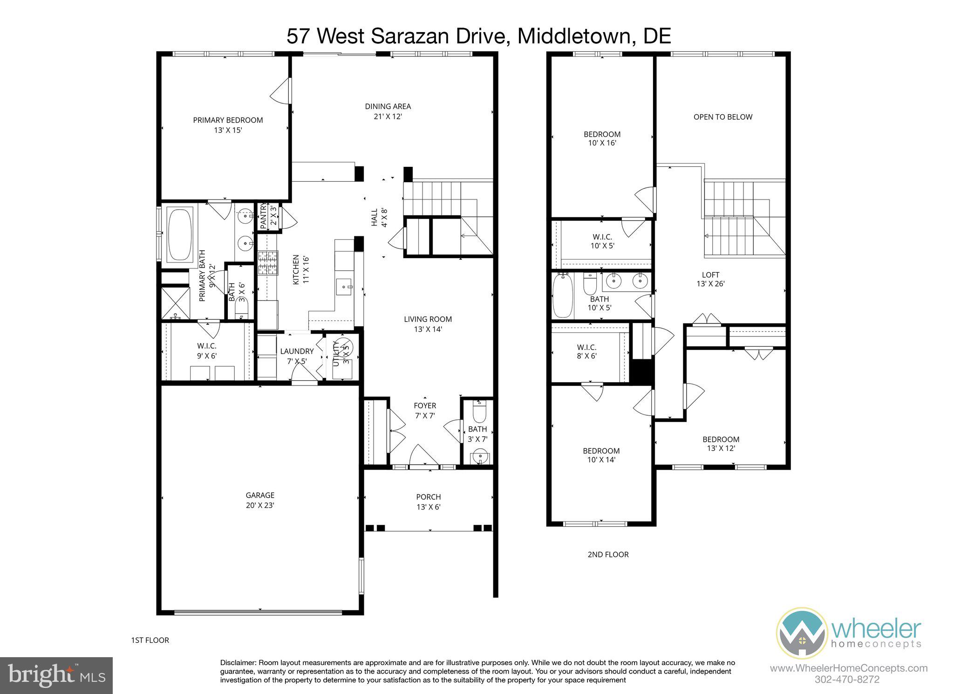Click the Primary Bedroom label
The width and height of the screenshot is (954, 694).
pyautogui.click(x=228, y=120)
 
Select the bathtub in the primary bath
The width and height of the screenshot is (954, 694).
pyautogui.click(x=180, y=234)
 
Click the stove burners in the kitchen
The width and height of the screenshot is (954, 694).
pyautogui.click(x=268, y=262)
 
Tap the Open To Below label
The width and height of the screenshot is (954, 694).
pyautogui.click(x=722, y=117)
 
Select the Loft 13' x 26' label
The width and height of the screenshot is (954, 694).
pyautogui.click(x=710, y=279)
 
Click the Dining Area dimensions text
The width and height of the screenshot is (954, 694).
pyautogui.click(x=388, y=117)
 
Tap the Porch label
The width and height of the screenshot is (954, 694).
pyautogui.click(x=428, y=497)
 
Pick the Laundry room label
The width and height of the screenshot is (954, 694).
pyautogui.click(x=297, y=351)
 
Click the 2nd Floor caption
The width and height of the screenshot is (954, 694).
pyautogui.click(x=608, y=555)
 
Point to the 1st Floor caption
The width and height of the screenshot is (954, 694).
pyautogui.click(x=150, y=640)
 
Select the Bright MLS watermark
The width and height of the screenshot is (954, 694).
pyautogui.click(x=56, y=675)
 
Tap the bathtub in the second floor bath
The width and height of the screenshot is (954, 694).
pyautogui.click(x=562, y=296)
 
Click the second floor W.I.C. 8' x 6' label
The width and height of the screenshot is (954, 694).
pyautogui.click(x=586, y=351)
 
